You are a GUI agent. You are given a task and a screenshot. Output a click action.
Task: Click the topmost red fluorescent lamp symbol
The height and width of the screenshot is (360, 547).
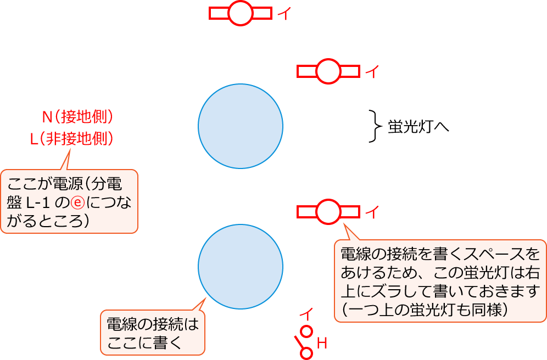241,13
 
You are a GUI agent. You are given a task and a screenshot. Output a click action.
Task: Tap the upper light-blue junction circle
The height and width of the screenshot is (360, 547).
241,126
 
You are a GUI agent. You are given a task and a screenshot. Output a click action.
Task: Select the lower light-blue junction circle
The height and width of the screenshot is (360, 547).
241,267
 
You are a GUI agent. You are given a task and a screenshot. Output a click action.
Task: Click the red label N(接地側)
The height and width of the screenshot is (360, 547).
77,116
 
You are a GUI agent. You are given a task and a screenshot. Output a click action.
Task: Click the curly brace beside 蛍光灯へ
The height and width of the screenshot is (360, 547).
375,126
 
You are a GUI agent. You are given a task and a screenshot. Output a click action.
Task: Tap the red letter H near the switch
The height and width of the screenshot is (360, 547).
322,344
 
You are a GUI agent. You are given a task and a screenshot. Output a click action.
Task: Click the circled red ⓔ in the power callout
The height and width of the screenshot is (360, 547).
78,203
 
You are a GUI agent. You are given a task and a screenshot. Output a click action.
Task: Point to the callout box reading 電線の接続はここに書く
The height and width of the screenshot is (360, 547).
152,333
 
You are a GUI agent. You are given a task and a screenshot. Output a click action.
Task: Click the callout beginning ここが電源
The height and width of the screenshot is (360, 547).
69,201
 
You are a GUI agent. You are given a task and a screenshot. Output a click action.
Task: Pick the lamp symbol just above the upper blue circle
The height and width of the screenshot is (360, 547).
328,71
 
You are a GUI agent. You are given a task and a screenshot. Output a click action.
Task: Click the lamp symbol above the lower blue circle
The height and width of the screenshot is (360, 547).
328,211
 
